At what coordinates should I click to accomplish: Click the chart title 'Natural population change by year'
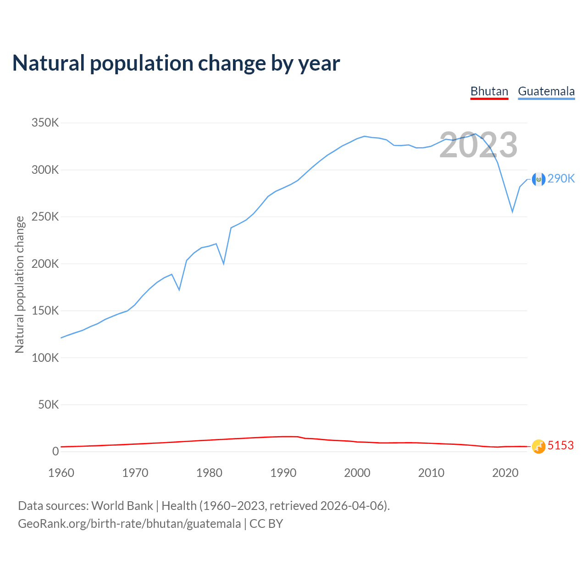pos(176,63)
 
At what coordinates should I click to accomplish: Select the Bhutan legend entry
pos(489,91)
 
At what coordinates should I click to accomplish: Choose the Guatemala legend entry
pos(546,91)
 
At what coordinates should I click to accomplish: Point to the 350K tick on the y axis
pos(45,123)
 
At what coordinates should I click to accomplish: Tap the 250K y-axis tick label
pos(45,216)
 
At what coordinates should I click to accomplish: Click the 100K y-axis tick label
pos(45,358)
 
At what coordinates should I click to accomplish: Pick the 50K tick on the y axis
pos(48,404)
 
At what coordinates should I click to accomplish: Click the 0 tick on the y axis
pos(55,451)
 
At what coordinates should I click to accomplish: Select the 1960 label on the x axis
pos(61,473)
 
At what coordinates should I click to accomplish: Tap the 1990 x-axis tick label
pos(283,473)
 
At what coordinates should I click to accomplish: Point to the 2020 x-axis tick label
pos(505,473)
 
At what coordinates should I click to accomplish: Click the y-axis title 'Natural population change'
pos(19,285)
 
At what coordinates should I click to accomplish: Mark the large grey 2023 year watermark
pos(478,145)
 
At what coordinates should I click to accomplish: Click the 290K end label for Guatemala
pos(561,179)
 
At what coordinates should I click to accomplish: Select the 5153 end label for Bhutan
pos(560,446)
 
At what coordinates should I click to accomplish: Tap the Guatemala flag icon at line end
pos(538,179)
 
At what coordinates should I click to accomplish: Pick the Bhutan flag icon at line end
pos(538,446)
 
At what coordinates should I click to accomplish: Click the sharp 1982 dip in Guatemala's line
pos(224,264)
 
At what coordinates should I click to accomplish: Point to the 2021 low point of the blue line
pos(512,212)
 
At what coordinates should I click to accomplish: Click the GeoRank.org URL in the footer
pos(129,524)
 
